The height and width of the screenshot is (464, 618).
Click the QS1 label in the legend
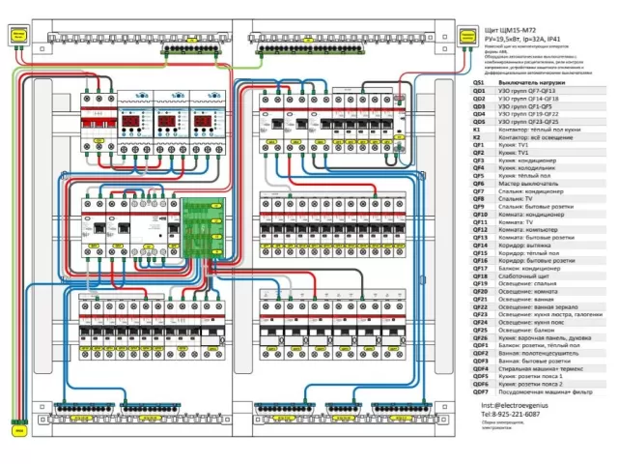coord(478,83)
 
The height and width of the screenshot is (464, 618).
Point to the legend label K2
coord(476,137)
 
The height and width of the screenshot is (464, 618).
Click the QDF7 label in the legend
coord(480,392)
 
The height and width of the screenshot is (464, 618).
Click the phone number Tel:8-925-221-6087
coord(511,414)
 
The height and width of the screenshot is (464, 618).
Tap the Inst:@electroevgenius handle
coord(510,406)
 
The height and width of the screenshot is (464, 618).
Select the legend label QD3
coord(478,109)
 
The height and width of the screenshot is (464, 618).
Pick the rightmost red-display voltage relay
coord(205,116)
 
